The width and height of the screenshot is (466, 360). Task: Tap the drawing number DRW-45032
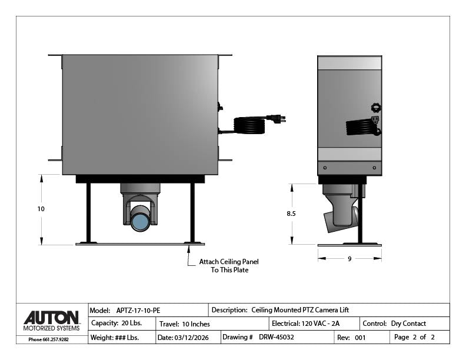coord(276,338)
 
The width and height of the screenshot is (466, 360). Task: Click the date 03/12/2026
coord(192,338)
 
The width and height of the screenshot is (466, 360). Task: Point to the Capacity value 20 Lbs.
coord(128,324)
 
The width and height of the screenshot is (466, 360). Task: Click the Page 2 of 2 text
coord(414,338)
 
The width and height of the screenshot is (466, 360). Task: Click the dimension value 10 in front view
coord(41,209)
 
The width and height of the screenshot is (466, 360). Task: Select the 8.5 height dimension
coord(291,214)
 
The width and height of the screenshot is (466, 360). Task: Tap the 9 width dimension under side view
coord(349,259)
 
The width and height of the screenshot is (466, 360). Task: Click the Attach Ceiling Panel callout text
coord(228,266)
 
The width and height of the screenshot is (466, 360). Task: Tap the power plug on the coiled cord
coord(275,119)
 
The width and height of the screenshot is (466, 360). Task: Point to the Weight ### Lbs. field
coord(115,338)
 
